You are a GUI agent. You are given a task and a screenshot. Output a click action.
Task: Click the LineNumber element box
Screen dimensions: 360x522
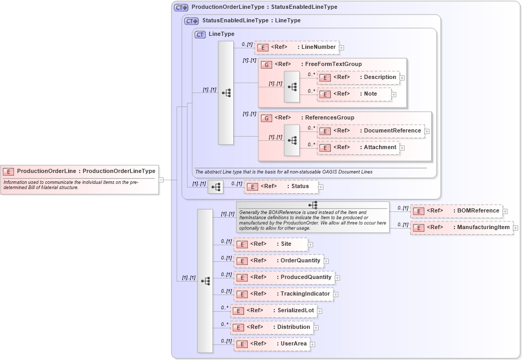point(297,47)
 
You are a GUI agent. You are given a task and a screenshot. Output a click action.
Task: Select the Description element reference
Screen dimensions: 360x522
point(358,77)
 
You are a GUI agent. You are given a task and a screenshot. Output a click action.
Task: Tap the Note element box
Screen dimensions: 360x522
point(354,94)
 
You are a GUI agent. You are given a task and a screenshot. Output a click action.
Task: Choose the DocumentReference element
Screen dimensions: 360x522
point(371,131)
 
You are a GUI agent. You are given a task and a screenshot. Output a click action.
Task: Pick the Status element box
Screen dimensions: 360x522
point(281,186)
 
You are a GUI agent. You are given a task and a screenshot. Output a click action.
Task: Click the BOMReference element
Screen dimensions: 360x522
point(456,211)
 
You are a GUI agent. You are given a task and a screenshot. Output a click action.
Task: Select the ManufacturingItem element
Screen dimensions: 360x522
point(461,228)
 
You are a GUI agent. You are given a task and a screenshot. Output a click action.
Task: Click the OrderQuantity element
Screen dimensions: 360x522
point(278,261)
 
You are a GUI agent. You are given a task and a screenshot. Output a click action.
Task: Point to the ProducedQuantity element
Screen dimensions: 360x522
point(284,277)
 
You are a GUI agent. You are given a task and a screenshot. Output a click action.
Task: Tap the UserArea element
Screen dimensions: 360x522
point(272,344)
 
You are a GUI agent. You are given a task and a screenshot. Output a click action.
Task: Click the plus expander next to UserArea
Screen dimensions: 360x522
point(313,344)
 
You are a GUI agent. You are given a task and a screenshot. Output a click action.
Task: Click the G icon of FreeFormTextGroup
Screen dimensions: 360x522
point(266,64)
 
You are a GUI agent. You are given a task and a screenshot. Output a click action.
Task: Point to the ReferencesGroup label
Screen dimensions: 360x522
point(329,118)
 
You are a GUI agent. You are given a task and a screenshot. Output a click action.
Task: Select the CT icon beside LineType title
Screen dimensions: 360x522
point(200,34)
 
